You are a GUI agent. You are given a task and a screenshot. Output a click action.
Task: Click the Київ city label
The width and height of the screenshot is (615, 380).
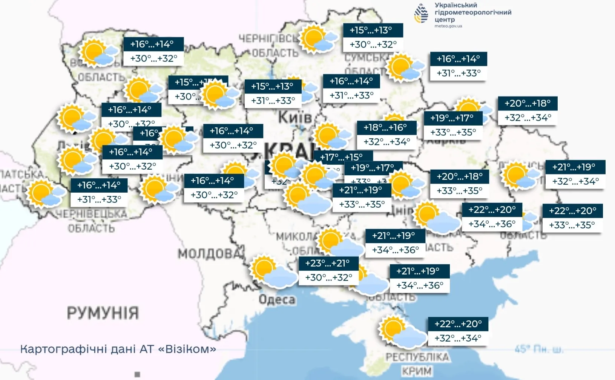[295, 117]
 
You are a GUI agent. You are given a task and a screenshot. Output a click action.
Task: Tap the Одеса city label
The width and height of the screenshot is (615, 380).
[277, 300]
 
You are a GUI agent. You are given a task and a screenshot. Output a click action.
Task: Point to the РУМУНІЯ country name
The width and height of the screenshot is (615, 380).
[103, 313]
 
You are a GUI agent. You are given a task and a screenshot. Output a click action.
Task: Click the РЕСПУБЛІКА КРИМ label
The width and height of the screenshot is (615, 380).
[417, 363]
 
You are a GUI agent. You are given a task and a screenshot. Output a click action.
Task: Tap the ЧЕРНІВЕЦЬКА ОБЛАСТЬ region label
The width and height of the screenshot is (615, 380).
[91, 221]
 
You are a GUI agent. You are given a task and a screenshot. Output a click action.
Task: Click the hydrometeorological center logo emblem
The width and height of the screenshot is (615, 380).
[421, 14]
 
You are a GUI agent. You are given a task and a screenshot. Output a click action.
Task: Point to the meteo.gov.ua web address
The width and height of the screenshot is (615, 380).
[448, 26]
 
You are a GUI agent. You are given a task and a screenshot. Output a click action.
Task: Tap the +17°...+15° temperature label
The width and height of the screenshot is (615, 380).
[341, 157]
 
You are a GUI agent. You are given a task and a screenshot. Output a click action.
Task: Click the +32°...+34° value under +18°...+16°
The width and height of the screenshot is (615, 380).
[386, 142]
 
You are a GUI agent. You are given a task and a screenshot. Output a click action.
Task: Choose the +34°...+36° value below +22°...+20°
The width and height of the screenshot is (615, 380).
[492, 224]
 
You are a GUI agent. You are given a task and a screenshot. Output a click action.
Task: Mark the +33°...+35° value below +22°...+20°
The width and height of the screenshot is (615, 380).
[572, 225]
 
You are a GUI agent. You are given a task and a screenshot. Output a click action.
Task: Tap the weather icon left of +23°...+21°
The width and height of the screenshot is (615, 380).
[274, 272]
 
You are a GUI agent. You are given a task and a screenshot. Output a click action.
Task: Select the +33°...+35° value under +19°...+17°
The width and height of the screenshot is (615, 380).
[453, 132]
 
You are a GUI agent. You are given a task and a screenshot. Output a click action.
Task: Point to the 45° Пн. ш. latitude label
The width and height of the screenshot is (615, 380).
[538, 349]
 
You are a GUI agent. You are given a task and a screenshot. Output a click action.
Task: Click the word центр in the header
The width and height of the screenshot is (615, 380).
[445, 19]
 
